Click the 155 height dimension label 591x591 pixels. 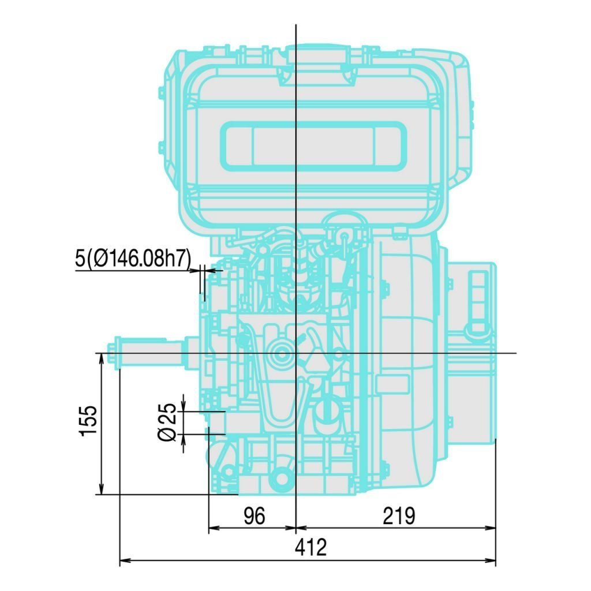coord(88,421)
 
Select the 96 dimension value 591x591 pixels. coord(255,516)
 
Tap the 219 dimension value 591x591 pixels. coord(399,516)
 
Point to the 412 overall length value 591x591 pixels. coord(311,548)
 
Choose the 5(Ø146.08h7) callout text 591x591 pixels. coord(133,258)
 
